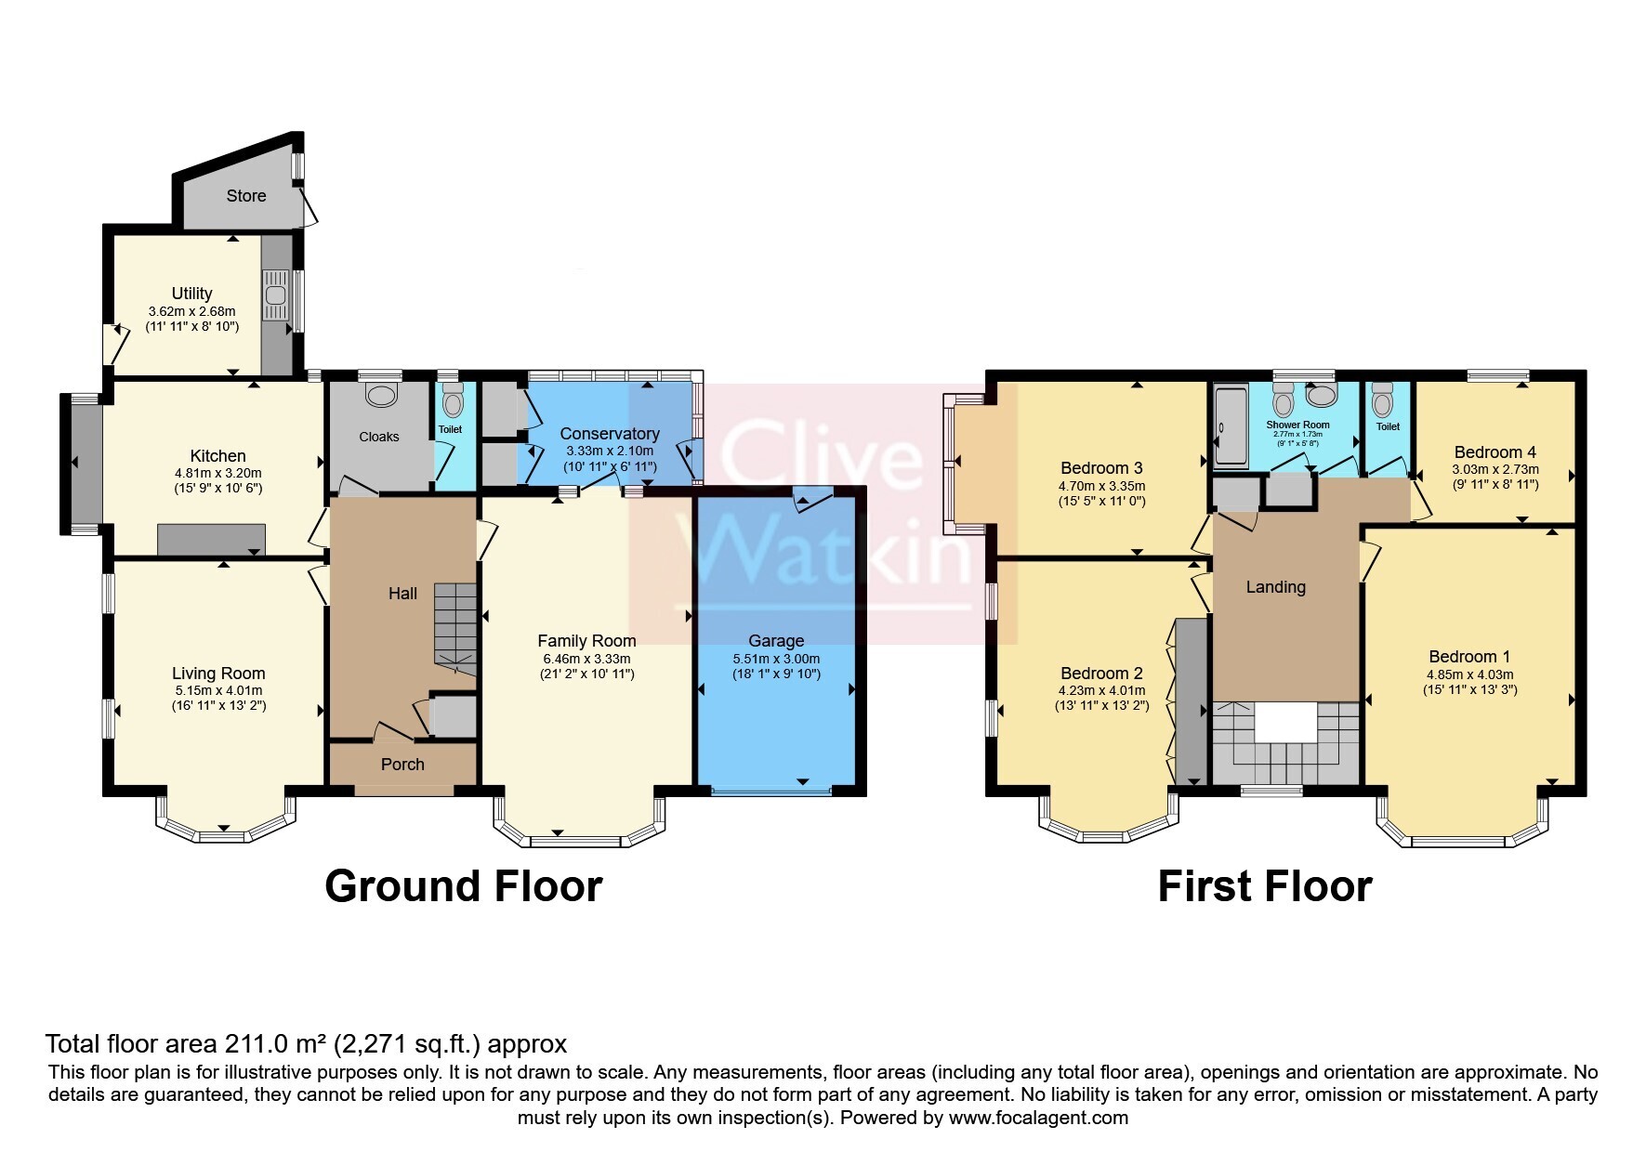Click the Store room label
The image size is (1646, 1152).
point(246,196)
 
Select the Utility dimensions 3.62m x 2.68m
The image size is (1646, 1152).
point(191,311)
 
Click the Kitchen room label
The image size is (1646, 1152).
point(217,456)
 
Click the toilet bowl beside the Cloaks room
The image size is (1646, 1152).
point(453,404)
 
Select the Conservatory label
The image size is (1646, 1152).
point(610,434)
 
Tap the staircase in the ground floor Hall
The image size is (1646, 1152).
point(454,622)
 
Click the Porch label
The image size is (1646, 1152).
point(402,765)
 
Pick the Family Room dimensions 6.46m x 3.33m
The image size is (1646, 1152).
point(586,659)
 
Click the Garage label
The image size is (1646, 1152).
point(776,641)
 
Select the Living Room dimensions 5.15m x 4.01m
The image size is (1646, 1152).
point(217,691)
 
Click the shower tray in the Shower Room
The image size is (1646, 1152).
point(1231,427)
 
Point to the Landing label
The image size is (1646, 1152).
point(1275,587)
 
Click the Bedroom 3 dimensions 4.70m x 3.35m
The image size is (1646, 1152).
point(1101,486)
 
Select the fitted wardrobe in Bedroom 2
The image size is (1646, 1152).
point(1190,700)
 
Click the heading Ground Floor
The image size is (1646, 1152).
point(463,886)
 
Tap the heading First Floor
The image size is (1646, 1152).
point(1264,886)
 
